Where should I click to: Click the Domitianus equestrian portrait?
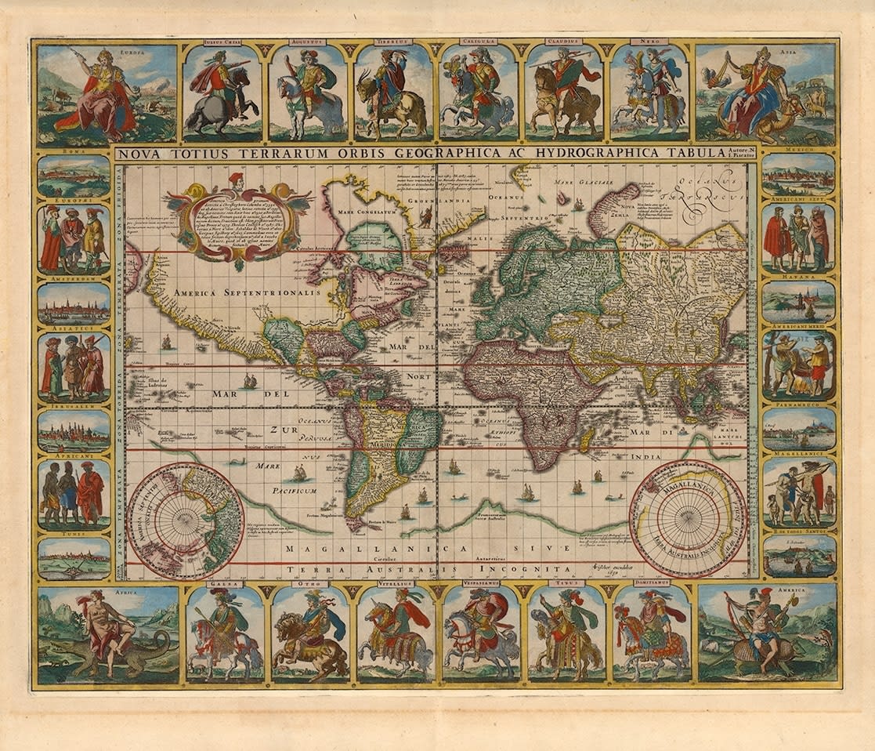[x=651, y=633]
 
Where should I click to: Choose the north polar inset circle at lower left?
[x=186, y=520]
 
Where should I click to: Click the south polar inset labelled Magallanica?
[x=688, y=517]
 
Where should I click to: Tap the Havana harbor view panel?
[x=798, y=301]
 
